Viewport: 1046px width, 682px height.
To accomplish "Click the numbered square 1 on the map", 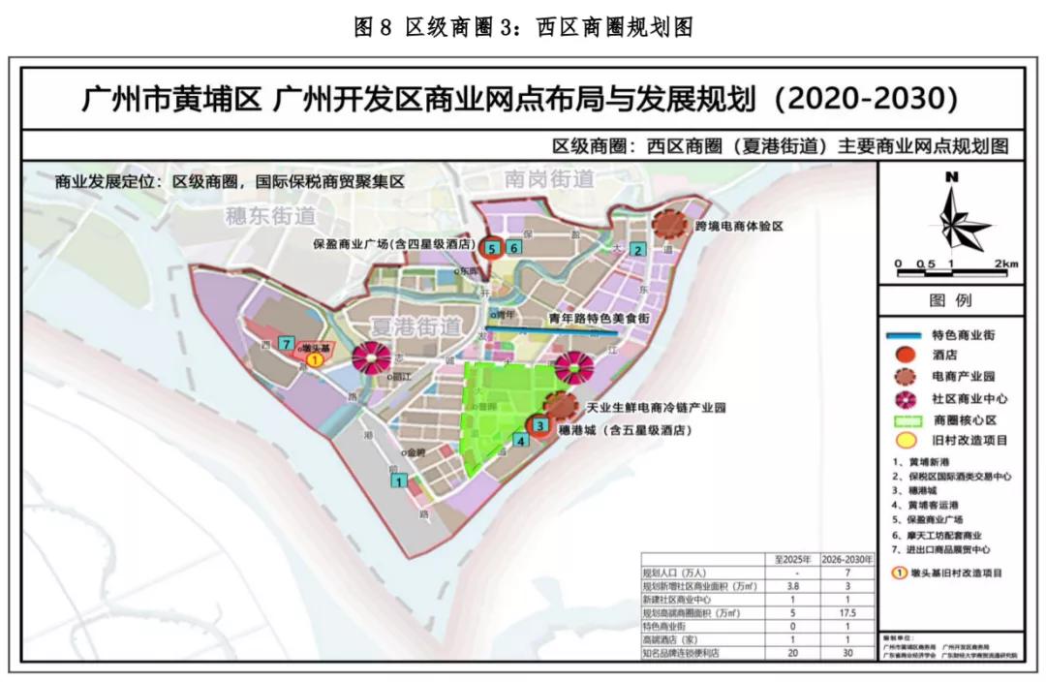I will (399, 480).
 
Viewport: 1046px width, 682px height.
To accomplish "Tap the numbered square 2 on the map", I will (637, 249).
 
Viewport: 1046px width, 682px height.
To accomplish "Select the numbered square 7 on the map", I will (286, 343).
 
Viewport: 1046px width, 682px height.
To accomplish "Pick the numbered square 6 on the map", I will (513, 248).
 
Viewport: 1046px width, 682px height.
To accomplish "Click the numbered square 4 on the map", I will (521, 440).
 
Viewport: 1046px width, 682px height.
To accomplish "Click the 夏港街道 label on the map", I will (415, 325).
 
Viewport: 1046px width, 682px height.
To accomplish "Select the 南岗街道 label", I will (549, 179).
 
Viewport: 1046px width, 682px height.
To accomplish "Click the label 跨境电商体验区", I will (738, 226).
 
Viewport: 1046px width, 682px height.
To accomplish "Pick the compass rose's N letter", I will (951, 176).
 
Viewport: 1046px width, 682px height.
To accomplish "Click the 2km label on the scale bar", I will (1006, 263).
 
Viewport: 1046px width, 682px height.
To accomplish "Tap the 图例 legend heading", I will (950, 300).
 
